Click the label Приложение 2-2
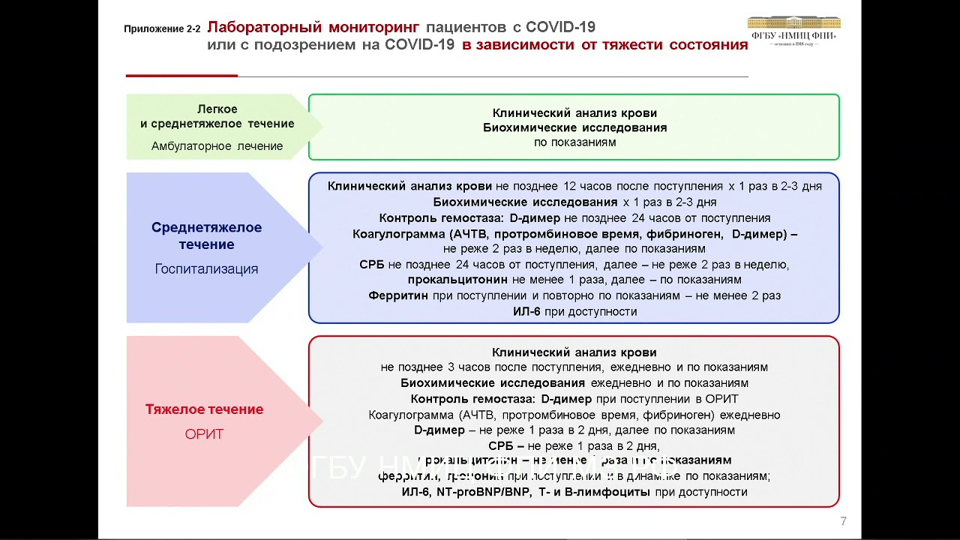(x=162, y=29)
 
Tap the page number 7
(x=843, y=521)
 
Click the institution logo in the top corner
(x=793, y=31)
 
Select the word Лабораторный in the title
(x=263, y=28)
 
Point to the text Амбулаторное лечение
(x=217, y=146)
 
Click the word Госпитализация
(x=206, y=268)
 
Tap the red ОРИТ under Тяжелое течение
(x=204, y=434)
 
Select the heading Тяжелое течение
(x=204, y=409)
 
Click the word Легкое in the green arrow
(x=217, y=109)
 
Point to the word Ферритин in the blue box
(x=398, y=295)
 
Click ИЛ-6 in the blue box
(x=526, y=311)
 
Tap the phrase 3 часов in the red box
(x=465, y=367)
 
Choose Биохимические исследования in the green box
(x=574, y=127)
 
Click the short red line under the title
(x=181, y=76)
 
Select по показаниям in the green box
(x=574, y=142)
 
